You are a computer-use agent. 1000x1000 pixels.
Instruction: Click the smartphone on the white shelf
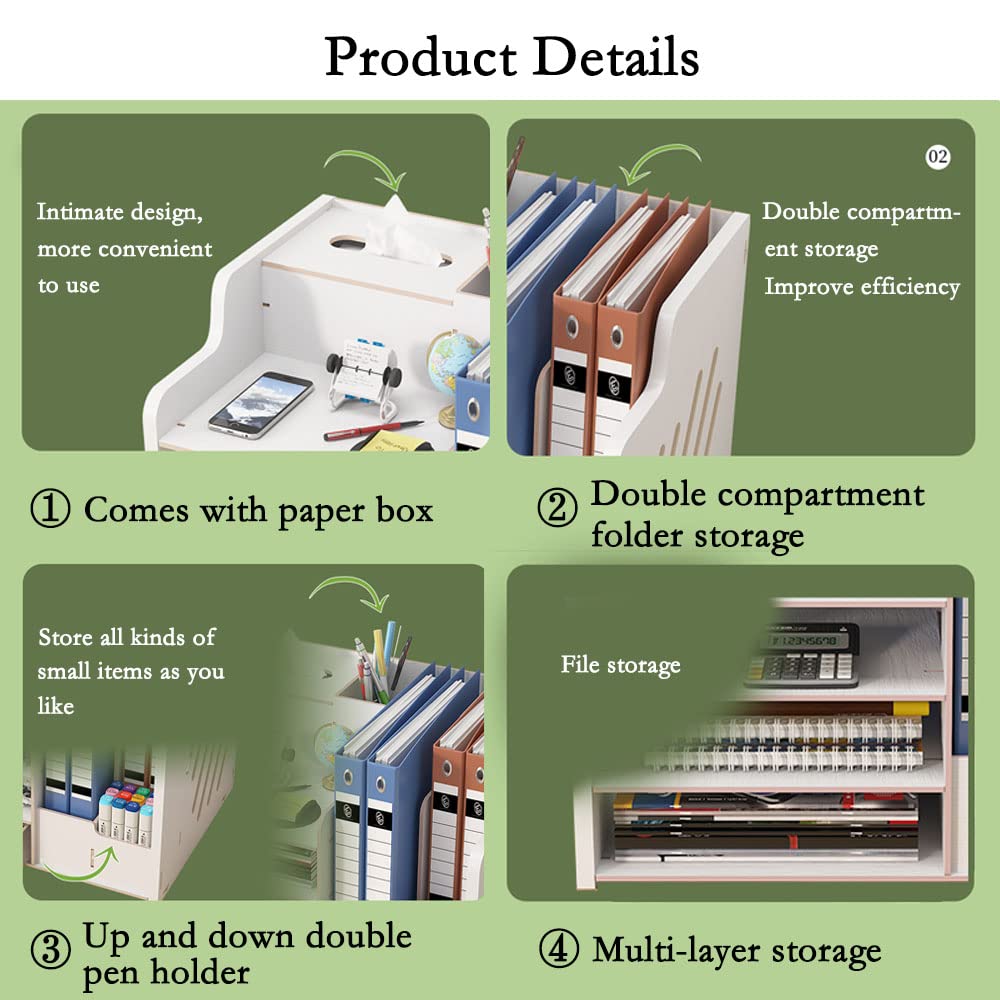[260, 404]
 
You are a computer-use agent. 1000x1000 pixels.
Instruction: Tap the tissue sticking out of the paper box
[401, 231]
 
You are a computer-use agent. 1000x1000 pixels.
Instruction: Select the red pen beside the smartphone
[373, 430]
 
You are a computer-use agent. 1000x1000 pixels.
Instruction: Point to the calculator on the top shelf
[802, 654]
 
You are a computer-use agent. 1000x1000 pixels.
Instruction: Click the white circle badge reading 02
[938, 157]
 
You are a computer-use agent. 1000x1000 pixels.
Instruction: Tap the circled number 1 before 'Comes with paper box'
[50, 508]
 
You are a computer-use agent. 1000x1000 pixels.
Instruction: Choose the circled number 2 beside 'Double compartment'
[557, 508]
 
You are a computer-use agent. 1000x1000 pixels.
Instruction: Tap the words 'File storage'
[621, 665]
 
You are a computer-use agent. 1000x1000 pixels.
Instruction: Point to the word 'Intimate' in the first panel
[79, 211]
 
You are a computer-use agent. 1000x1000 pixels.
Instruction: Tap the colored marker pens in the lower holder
[125, 811]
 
